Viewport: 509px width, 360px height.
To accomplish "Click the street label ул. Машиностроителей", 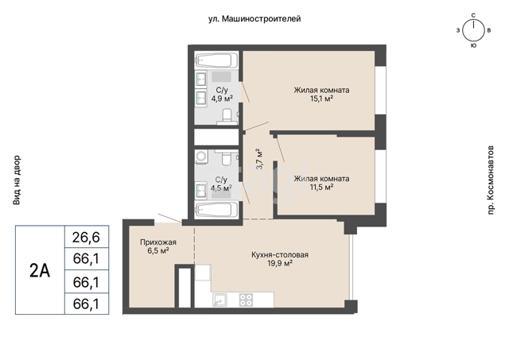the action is click(x=254, y=19).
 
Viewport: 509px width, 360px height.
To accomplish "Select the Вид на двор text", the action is click(x=17, y=180).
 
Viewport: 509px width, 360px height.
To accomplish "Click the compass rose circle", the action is click(x=473, y=30).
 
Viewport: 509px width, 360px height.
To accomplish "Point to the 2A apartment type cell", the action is click(x=40, y=270).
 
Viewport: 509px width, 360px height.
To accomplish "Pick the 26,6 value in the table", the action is click(x=86, y=237).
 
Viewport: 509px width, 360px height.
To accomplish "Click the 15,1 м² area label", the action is click(x=321, y=99).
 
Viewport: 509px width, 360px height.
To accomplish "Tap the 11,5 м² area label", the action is click(x=321, y=187).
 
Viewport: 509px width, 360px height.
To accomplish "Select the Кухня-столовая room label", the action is click(x=280, y=255).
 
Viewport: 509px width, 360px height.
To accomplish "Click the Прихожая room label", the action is click(x=158, y=242).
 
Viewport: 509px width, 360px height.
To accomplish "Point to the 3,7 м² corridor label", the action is click(x=259, y=159).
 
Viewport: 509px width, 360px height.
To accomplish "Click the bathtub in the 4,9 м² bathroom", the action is click(x=216, y=60).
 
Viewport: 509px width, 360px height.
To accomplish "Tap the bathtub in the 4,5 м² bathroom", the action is click(x=216, y=210).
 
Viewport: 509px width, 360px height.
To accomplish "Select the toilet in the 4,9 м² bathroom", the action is click(x=227, y=117).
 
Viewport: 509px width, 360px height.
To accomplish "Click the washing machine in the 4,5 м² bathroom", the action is click(x=201, y=156).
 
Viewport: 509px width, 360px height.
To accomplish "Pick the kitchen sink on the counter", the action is click(x=220, y=300).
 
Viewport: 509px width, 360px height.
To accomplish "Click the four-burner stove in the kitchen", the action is click(x=246, y=300).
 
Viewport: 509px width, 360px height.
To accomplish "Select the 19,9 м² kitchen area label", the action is click(x=280, y=263).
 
